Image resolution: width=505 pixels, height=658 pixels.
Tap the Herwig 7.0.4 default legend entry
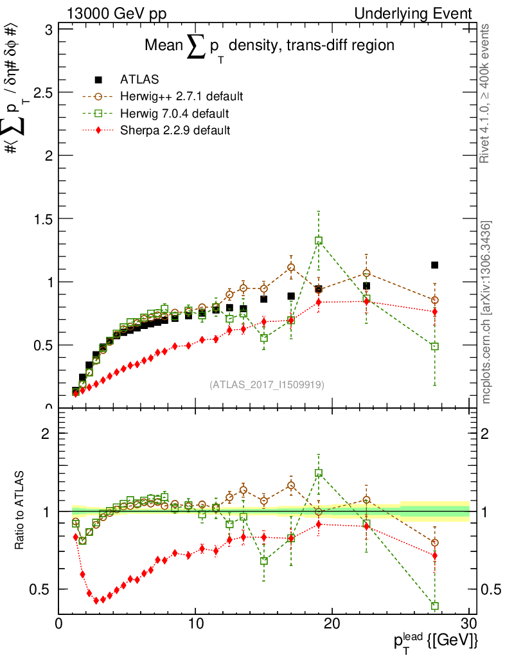(174, 114)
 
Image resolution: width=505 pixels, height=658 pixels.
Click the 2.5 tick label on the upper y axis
(40, 93)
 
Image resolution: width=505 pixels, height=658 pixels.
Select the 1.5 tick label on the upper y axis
(40, 218)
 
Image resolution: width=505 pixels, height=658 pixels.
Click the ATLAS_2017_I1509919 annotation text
(267, 385)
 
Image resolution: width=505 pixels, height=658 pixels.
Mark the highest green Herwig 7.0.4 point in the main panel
(319, 241)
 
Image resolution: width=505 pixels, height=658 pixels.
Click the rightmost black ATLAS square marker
(435, 265)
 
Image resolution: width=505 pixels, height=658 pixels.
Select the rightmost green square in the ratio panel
(435, 606)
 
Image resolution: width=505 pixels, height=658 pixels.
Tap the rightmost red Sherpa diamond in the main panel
(435, 312)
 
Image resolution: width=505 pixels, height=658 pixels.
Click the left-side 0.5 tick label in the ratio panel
(40, 589)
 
